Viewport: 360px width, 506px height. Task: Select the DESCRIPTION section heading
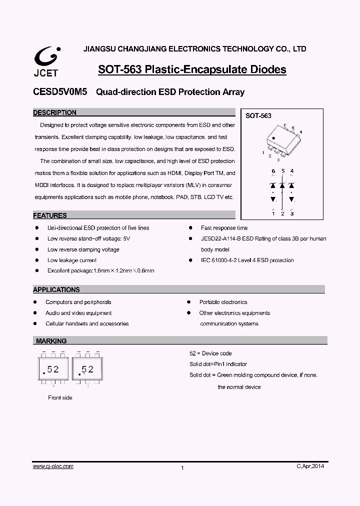coord(55,113)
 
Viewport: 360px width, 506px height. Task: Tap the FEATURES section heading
coord(50,216)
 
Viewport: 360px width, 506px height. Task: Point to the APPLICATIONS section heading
coord(56,289)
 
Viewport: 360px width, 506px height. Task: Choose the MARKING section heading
coord(51,341)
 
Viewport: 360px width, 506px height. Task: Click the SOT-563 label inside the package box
coord(258,116)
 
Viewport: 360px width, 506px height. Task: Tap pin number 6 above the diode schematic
coord(273,171)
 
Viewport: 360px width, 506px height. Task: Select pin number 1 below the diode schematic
coord(273,213)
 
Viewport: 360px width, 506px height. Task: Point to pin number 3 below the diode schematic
coord(292,213)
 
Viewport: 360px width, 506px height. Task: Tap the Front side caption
coord(60,398)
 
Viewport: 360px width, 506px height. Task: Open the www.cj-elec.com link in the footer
coord(53,466)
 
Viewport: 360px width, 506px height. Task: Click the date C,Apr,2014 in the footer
coord(310,466)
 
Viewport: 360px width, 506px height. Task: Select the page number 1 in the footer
coord(182,468)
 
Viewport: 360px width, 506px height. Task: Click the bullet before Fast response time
coord(190,228)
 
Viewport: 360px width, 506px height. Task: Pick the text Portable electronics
coord(223,302)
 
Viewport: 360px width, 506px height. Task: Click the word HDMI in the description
coord(175,173)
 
